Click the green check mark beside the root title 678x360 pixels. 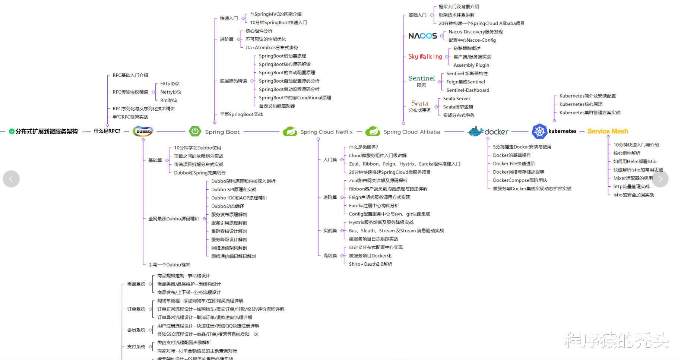tap(12, 132)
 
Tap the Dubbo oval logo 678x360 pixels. tap(143, 131)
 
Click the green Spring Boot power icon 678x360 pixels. tap(195, 131)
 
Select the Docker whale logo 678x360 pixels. tap(476, 131)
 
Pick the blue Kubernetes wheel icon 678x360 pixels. tap(539, 131)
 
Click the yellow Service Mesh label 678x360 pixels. tap(608, 131)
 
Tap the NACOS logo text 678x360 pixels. tap(422, 36)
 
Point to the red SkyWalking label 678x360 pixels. tap(425, 57)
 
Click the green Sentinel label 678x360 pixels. tap(421, 78)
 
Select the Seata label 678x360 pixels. tap(420, 103)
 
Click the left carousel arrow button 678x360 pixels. tap(11, 179)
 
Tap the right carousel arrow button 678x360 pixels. tap(660, 179)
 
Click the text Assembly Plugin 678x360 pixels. tap(471, 65)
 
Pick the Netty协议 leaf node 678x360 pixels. tap(171, 92)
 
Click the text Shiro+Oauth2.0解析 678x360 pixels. tap(370, 264)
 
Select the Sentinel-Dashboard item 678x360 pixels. tap(468, 90)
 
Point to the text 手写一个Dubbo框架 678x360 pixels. tap(169, 265)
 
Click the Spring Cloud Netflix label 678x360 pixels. tap(326, 132)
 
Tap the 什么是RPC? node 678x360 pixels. tap(107, 131)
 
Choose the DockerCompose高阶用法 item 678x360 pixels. tap(520, 180)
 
